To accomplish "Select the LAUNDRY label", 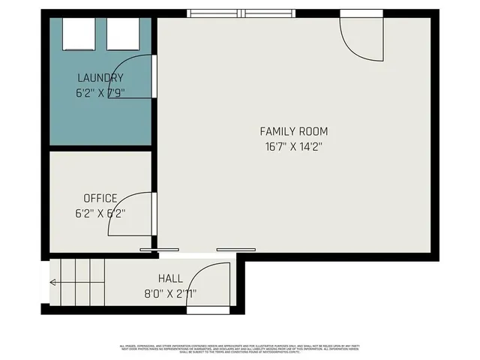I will pos(100,78).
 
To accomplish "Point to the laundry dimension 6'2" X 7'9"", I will pos(100,94).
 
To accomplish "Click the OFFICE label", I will pos(100,198).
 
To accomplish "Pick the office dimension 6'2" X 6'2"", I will pos(100,213).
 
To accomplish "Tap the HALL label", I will pos(170,278).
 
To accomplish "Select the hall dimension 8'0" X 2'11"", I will pos(170,293).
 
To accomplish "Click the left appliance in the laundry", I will pos(77,33).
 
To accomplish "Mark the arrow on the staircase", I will pos(54,283).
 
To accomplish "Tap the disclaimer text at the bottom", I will pos(244,348).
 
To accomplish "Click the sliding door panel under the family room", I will pos(235,249).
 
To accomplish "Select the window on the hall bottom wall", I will pos(208,309).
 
